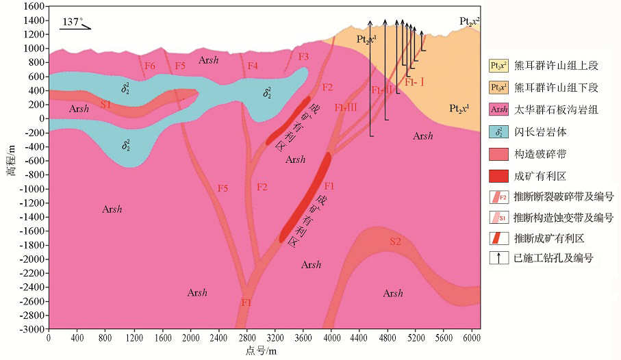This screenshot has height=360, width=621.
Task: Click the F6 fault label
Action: (150, 66)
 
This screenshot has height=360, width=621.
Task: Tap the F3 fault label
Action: (304, 56)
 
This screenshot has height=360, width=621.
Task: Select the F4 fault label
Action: (253, 66)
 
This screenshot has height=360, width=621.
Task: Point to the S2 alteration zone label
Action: (396, 241)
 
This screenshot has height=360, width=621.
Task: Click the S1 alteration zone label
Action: (105, 104)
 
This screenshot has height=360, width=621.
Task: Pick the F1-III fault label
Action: (346, 108)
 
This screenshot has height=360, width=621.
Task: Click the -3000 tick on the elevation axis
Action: (33, 329)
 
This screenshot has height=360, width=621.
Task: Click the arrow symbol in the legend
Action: (498, 258)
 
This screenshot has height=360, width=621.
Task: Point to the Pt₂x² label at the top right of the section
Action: (469, 21)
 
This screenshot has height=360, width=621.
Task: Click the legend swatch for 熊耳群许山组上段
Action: (498, 66)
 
